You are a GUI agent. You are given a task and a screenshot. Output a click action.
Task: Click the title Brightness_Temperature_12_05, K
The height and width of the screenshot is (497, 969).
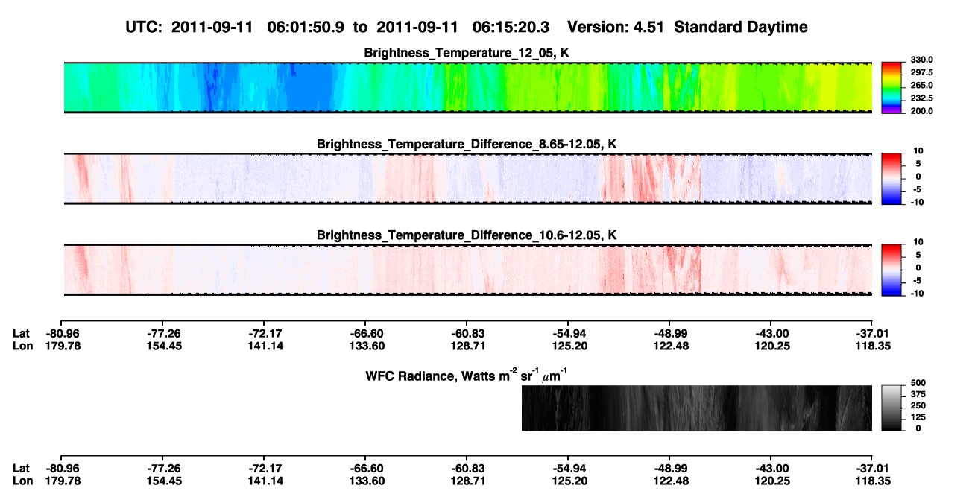(x=467, y=53)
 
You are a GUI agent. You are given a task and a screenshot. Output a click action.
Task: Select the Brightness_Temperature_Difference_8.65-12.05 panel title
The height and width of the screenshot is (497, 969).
(x=467, y=144)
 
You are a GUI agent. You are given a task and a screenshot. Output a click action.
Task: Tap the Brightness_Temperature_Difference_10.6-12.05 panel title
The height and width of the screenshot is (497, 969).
(x=467, y=235)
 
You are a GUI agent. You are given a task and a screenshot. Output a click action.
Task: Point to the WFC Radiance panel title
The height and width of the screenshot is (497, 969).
(x=467, y=375)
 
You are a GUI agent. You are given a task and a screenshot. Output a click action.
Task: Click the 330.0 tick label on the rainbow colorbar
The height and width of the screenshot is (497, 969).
(x=921, y=60)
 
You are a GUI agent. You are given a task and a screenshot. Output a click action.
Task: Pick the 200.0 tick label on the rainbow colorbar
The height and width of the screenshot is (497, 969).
(x=921, y=111)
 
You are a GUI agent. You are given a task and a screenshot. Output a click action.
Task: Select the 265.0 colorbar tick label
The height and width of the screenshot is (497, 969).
(x=921, y=85)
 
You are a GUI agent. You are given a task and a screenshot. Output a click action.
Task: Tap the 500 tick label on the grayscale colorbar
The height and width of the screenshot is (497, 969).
(x=918, y=383)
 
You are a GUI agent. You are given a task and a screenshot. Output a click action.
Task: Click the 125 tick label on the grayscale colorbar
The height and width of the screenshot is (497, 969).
(x=918, y=417)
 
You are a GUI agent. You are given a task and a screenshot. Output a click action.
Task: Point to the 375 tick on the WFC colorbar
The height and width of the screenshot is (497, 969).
(x=918, y=394)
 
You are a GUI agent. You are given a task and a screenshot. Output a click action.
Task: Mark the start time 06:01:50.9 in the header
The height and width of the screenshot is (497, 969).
(x=306, y=27)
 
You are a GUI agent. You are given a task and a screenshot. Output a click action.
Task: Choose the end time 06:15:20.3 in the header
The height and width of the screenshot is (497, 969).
(x=511, y=27)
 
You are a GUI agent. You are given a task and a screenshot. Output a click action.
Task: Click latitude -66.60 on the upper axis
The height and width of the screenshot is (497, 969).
(x=366, y=334)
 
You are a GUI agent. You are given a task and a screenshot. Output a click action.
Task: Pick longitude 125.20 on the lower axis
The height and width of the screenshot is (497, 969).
(x=569, y=481)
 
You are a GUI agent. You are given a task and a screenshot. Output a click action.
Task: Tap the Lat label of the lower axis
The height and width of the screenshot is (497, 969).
(x=21, y=469)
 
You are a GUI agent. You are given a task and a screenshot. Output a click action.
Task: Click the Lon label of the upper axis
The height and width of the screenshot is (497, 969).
(x=22, y=346)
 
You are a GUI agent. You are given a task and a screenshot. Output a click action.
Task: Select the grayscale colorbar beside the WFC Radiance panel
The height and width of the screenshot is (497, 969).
(x=891, y=408)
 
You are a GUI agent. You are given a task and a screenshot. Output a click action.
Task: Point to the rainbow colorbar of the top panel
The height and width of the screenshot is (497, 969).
(x=891, y=88)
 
